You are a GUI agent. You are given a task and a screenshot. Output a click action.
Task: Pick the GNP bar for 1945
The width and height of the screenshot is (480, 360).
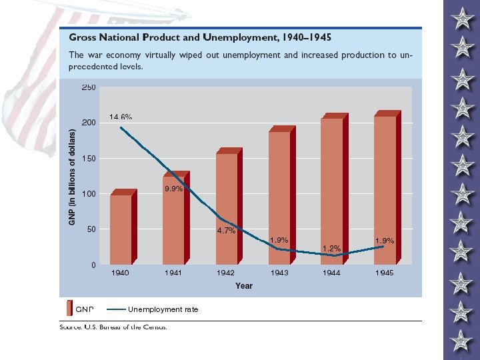tap(385, 189)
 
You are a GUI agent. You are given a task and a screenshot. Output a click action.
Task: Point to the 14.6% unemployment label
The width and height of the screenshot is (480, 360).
tap(121, 117)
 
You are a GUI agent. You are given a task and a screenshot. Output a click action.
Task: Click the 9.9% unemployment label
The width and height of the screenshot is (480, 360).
tap(173, 189)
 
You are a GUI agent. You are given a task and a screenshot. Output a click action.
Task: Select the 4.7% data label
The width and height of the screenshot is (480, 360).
tap(226, 231)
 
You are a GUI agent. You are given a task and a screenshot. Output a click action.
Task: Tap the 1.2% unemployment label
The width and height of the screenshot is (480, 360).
tap(332, 249)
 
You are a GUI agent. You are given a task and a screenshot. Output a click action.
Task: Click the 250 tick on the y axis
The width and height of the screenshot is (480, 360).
tap(89, 87)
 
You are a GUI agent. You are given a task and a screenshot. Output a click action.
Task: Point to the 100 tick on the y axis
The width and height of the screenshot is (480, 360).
tap(89, 194)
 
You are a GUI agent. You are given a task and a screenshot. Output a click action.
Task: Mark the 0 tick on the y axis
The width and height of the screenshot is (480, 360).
tap(93, 265)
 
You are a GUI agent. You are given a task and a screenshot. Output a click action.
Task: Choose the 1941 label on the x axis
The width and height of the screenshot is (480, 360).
tap(173, 273)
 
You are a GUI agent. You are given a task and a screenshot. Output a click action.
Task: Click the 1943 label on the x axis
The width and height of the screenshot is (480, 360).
tap(279, 273)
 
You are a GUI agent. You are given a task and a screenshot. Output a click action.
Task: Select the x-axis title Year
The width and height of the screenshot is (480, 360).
tap(244, 286)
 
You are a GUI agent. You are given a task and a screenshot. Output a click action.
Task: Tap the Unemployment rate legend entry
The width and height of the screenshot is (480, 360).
tap(163, 309)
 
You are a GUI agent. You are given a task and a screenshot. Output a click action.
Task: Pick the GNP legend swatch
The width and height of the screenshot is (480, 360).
tap(69, 309)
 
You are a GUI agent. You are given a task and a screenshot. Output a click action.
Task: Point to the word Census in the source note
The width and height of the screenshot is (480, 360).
tap(154, 327)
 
